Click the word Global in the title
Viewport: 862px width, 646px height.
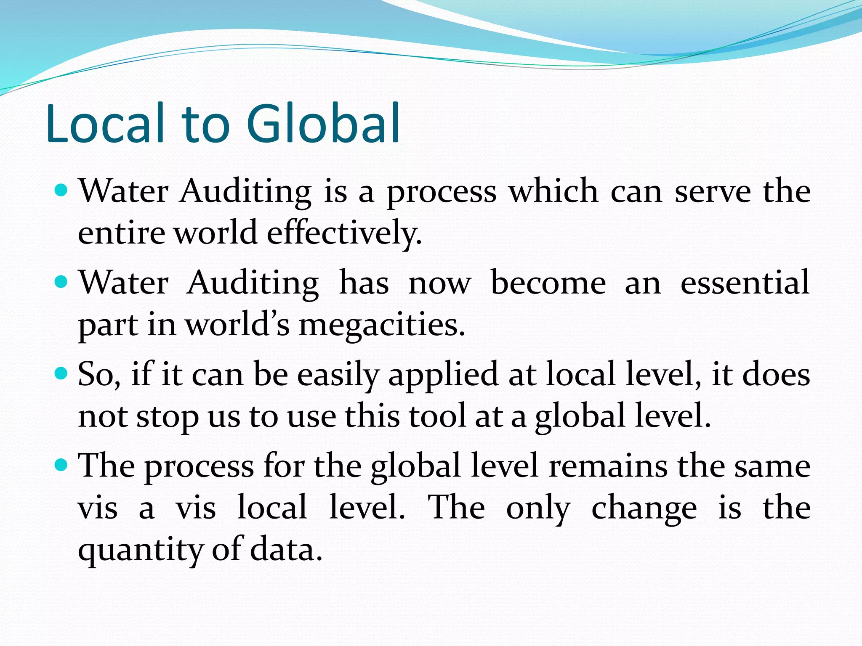coord(323,123)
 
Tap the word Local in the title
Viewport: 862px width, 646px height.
coord(105,123)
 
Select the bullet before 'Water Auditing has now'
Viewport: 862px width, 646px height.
coord(61,282)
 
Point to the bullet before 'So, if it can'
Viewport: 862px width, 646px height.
coord(61,373)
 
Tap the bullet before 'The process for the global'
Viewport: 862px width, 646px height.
coord(61,465)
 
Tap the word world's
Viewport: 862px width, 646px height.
coord(238,325)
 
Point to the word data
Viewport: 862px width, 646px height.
coord(286,550)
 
